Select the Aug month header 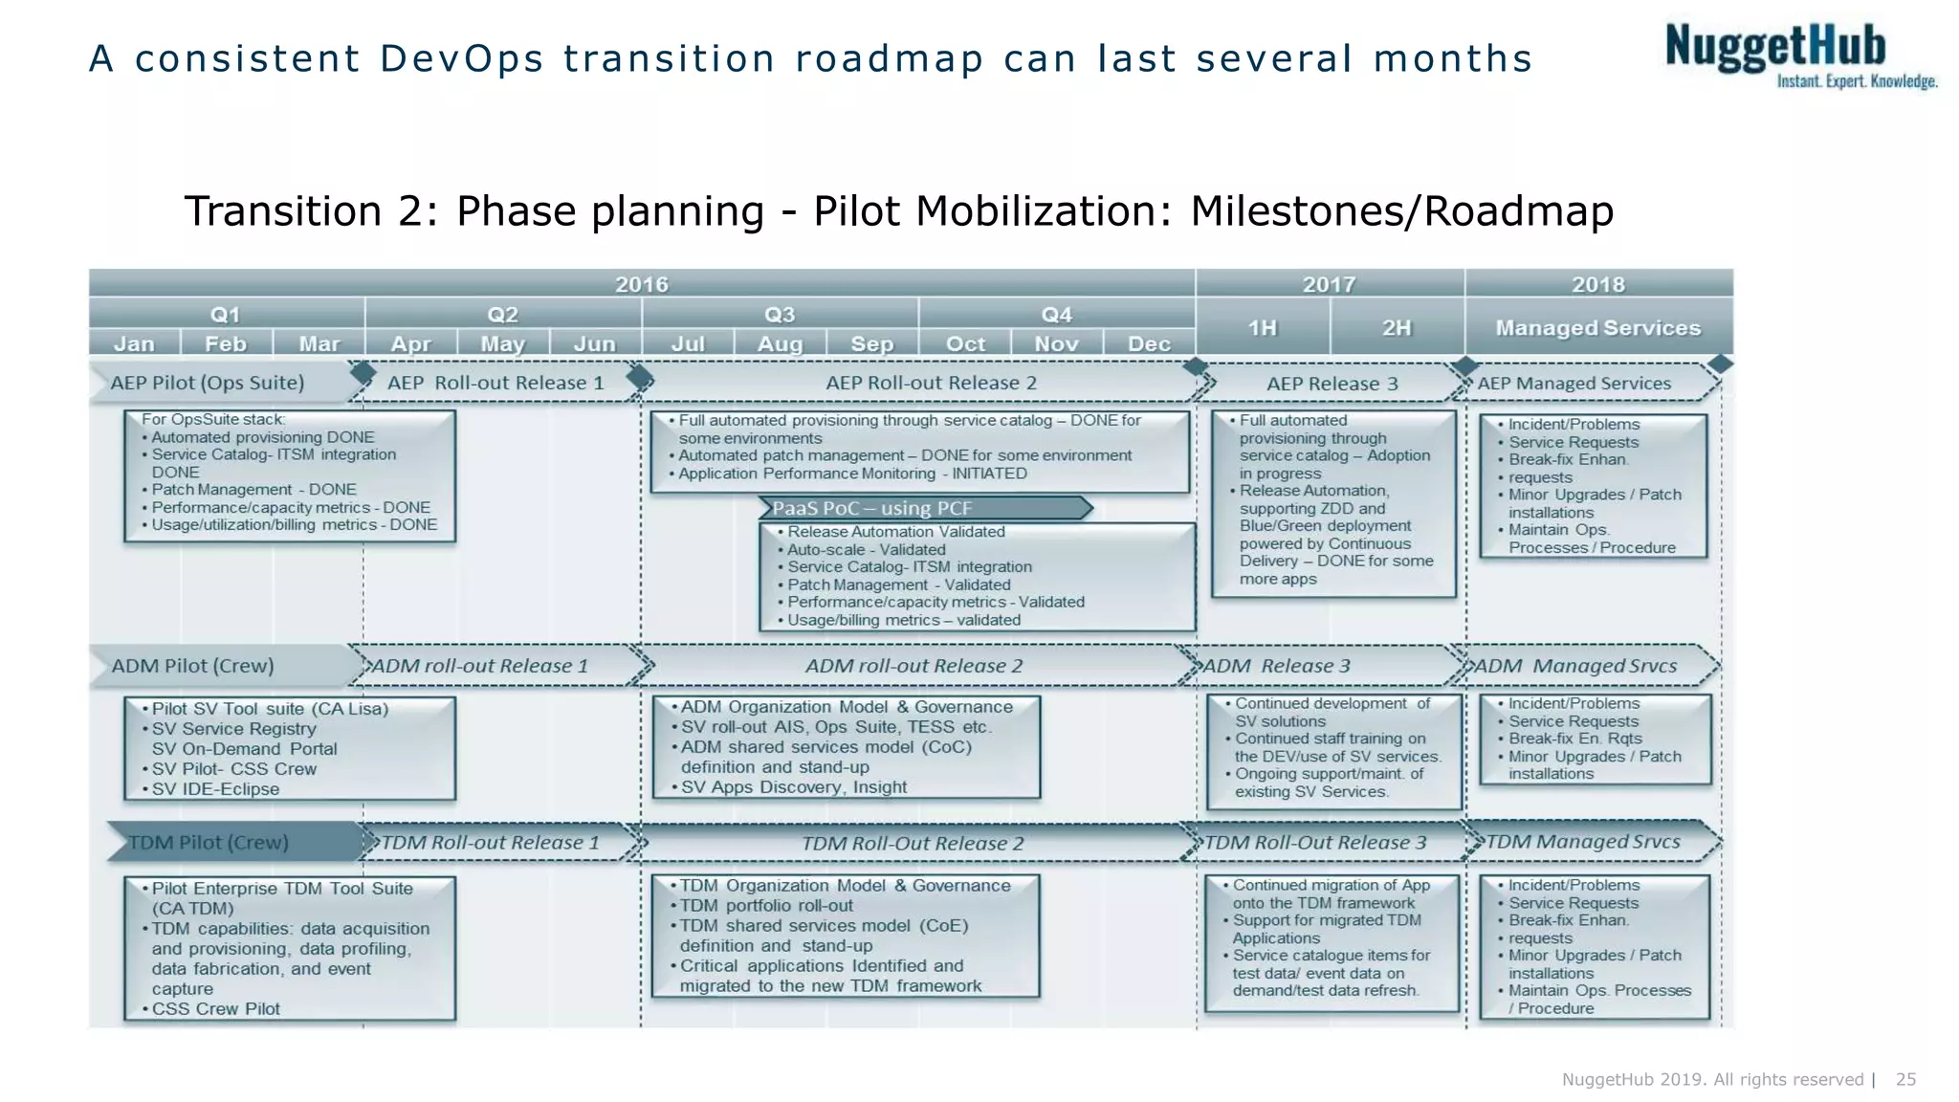780,343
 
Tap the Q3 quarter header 780,315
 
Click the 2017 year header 1329,284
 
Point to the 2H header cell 1397,328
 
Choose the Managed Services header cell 1597,328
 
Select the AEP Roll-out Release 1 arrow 495,383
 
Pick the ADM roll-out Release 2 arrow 913,666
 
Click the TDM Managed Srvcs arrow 1583,842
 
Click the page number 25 1905,1079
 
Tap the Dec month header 1149,343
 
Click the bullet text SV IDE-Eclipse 215,789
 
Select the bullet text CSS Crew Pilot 215,1008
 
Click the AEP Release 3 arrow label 1332,384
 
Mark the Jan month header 134,343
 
